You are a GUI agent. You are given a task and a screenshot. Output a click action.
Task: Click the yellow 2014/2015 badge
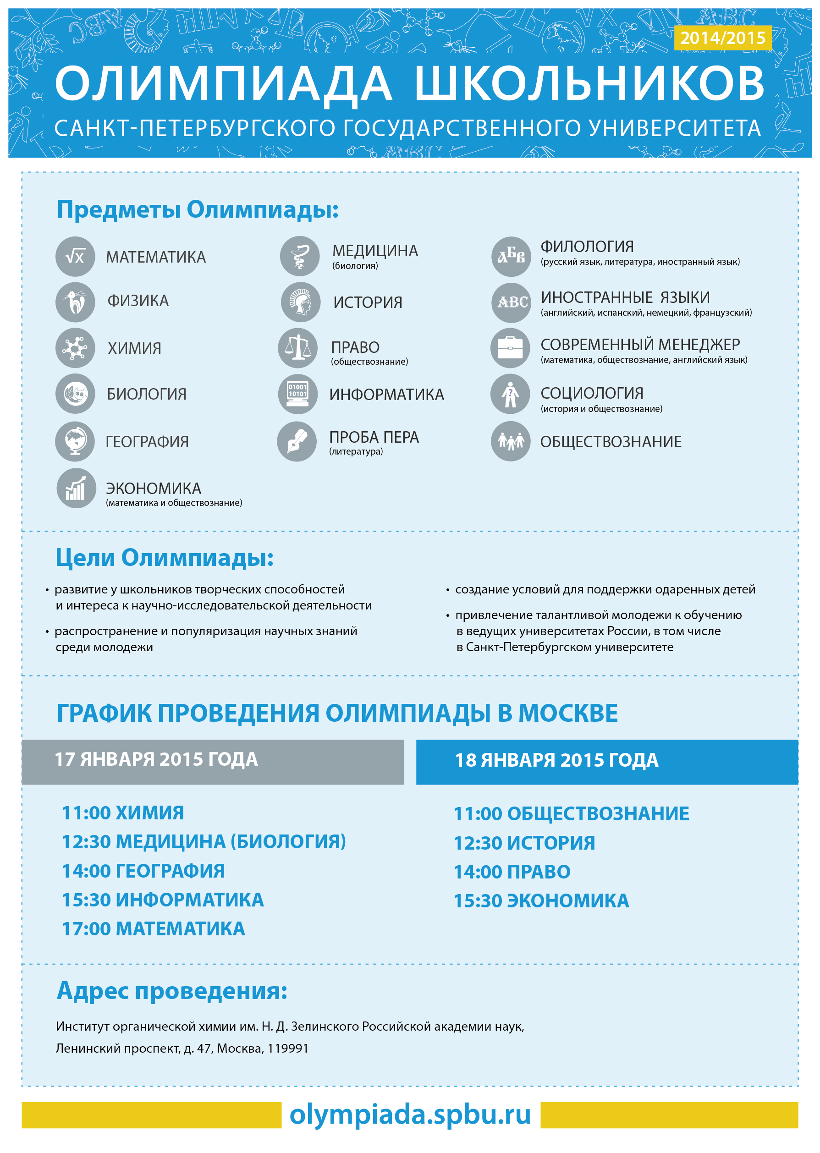(722, 38)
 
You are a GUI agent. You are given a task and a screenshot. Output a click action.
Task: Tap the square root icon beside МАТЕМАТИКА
(75, 257)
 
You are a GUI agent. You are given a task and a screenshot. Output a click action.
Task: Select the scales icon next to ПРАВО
(298, 348)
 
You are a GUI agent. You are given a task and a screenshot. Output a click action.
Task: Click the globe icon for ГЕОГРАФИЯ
(75, 441)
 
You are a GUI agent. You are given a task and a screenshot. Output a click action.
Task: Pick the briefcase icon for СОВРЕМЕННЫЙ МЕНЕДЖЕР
(511, 348)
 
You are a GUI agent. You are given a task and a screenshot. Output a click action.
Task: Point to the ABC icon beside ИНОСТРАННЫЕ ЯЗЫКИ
(512, 302)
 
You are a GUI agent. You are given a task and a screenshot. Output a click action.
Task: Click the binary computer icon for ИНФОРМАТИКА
(298, 394)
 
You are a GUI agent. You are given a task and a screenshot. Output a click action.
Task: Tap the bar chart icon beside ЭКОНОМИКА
(76, 488)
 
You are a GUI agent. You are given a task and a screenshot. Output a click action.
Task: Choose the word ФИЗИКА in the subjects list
(138, 301)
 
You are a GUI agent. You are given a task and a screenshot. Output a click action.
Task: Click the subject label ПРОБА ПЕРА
(374, 437)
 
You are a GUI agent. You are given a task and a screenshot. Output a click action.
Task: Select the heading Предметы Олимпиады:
(198, 209)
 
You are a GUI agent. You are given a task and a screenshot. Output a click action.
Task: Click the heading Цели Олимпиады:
(164, 558)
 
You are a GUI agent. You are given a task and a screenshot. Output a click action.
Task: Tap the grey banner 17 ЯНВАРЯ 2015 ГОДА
(213, 762)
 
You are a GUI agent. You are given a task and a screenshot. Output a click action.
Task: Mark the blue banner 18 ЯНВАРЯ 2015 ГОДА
(607, 762)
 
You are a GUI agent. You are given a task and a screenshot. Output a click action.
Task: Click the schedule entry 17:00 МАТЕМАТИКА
(153, 929)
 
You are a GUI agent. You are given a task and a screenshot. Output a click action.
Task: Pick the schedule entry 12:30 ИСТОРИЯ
(524, 843)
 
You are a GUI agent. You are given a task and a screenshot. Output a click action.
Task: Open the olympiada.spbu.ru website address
(410, 1114)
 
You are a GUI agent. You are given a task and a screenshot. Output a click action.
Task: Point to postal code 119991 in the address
(288, 1049)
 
